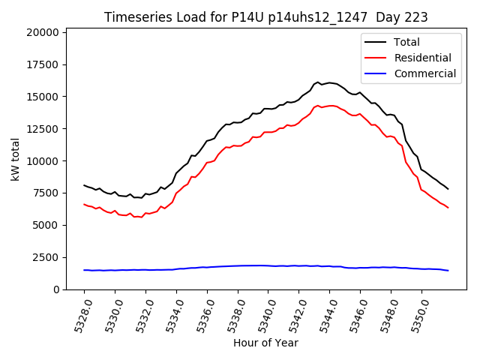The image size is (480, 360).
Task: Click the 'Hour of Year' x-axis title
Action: pos(265,343)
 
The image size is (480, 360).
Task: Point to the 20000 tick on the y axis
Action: pos(42,32)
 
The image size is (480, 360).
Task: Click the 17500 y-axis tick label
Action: pos(42,64)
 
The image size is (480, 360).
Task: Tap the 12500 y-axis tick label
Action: pos(42,129)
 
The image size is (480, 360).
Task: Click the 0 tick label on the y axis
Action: pos(55,289)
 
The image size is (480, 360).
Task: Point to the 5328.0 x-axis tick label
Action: pos(79,313)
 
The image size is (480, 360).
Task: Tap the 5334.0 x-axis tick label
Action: pos(172,313)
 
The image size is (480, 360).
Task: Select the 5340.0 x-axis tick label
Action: pos(263,313)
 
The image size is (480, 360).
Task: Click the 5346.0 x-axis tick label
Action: pos(355,313)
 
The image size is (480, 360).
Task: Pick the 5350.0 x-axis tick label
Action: pos(417,313)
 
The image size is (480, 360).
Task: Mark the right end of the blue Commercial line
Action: pos(448,271)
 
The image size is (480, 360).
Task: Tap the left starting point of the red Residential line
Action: pos(84,204)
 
